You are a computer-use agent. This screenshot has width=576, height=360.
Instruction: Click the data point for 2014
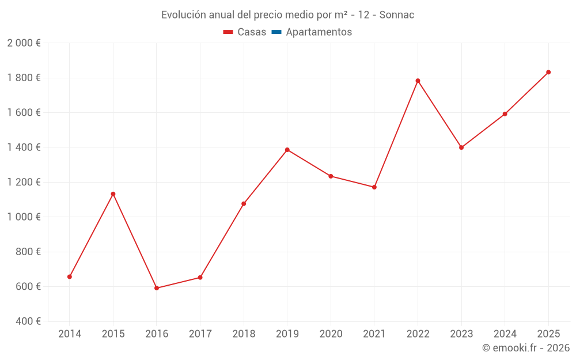70,276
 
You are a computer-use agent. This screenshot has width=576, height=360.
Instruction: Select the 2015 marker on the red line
113,194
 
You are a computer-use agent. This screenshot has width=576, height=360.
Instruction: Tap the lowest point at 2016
157,288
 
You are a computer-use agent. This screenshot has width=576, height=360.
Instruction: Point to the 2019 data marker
287,150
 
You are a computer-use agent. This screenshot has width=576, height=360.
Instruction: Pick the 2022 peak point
418,81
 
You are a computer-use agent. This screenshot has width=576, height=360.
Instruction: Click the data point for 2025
548,72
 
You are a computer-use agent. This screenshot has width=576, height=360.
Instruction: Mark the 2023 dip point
461,147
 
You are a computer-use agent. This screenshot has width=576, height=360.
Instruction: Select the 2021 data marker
374,187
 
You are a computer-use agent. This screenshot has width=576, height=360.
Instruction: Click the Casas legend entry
252,32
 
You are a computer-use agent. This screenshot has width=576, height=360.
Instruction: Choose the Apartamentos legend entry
319,32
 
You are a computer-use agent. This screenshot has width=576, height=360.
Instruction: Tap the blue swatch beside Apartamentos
276,32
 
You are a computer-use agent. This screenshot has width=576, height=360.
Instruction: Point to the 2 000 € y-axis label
24,43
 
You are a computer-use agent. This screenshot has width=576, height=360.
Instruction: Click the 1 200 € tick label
24,182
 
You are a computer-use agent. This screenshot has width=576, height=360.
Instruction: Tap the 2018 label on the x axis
244,334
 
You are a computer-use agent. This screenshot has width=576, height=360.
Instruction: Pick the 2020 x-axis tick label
331,334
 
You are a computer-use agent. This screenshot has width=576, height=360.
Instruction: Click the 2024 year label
505,334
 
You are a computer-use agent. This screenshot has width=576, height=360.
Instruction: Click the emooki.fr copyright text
526,348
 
